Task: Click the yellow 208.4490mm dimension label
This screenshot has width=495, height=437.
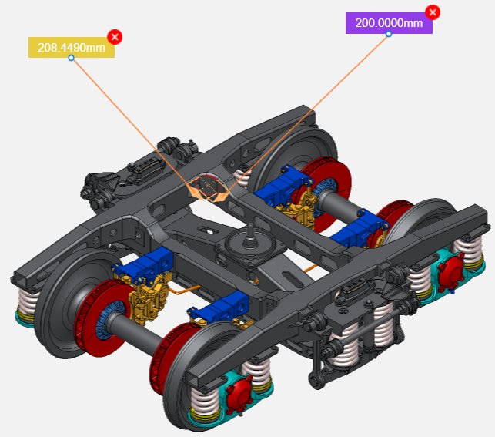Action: pyautogui.click(x=72, y=48)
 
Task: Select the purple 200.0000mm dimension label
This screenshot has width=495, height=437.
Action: pyautogui.click(x=389, y=23)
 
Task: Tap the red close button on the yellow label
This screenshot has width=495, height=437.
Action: pyautogui.click(x=115, y=36)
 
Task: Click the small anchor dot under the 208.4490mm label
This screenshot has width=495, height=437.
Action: pyautogui.click(x=72, y=58)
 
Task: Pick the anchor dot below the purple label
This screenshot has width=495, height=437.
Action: pyautogui.click(x=389, y=34)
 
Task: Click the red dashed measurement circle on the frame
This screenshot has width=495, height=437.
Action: pyautogui.click(x=208, y=185)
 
